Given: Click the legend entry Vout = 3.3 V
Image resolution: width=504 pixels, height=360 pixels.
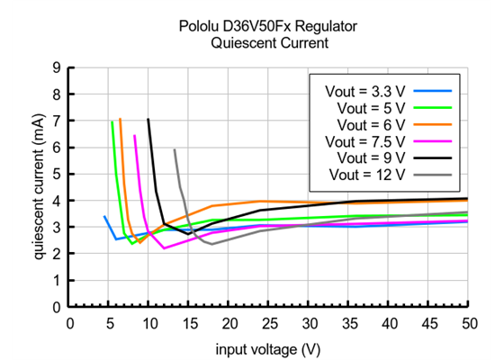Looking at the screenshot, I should tap(361, 90).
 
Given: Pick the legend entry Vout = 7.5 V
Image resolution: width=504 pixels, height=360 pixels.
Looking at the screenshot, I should tap(361, 140).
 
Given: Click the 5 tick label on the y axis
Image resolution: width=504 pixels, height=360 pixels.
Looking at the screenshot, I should tap(57, 174).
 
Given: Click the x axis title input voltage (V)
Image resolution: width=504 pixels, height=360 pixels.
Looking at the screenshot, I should tap(268, 347).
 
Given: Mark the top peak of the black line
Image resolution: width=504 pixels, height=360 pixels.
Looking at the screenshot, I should tap(148, 119).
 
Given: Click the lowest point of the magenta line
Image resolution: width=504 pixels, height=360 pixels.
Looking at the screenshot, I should tap(164, 248).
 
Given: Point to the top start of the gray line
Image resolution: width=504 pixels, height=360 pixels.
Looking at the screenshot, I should tap(174, 149).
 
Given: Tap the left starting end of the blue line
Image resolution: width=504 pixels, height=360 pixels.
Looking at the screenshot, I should tap(105, 216).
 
